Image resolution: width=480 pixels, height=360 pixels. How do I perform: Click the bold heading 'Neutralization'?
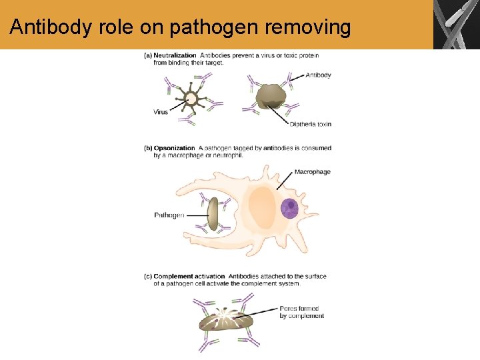[175, 55]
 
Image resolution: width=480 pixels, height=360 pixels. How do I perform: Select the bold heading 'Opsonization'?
[174, 148]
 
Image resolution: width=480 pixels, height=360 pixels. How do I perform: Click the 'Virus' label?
[161, 112]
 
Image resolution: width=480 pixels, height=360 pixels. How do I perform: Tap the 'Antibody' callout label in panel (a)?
[318, 75]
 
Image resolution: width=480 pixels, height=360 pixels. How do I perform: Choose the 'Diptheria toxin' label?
[310, 124]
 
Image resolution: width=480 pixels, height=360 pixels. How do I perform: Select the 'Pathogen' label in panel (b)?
[169, 215]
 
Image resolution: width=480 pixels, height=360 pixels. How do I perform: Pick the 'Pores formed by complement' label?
[301, 312]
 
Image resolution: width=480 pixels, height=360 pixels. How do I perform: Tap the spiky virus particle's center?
[191, 99]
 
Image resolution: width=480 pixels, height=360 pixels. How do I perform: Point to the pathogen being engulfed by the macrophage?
[213, 215]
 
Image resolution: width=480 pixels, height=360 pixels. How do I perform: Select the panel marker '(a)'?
[147, 55]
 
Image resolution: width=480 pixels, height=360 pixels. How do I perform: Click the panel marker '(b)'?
[147, 148]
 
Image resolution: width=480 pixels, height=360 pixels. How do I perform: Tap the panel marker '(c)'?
[147, 276]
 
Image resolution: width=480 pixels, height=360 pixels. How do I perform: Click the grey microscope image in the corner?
[456, 25]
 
